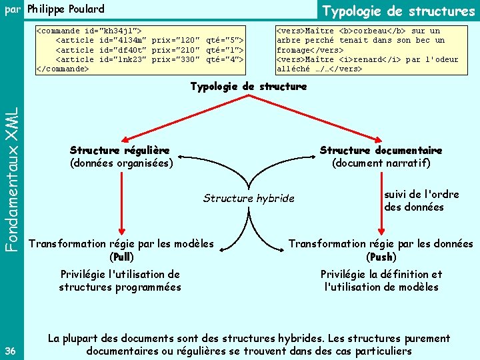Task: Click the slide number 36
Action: pos(10,351)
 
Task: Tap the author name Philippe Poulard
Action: pos(66,9)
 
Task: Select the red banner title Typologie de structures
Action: pos(399,11)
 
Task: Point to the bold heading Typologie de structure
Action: pos(249,87)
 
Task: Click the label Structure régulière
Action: pos(119,151)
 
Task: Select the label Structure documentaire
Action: pos(381,151)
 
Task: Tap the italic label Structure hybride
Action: pos(248,198)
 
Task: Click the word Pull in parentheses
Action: pos(122,257)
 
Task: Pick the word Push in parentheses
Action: pos(381,257)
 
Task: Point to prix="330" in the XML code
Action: pos(176,59)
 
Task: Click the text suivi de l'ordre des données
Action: pos(421,201)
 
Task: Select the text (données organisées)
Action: pos(121,163)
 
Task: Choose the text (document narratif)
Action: pos(381,163)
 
